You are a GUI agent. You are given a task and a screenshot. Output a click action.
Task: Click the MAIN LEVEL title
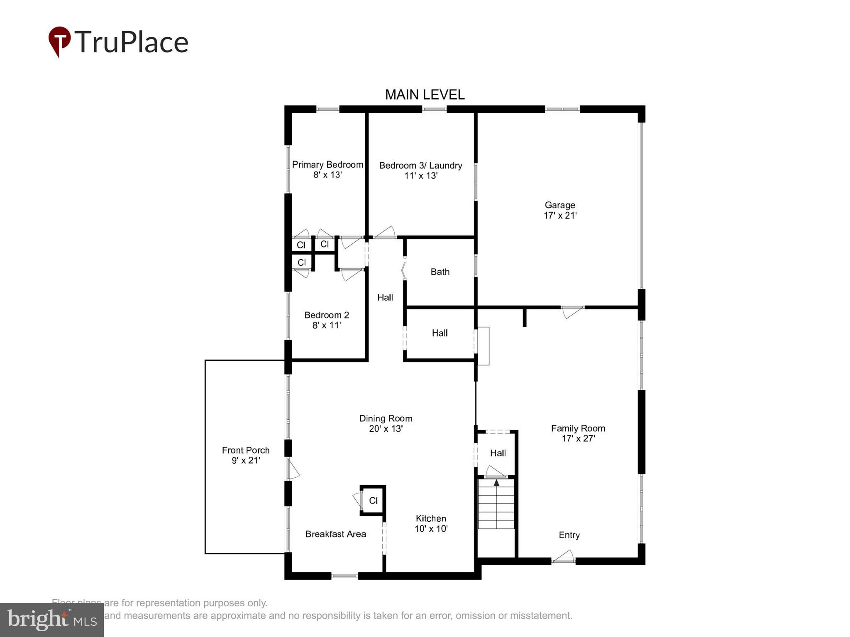point(425,95)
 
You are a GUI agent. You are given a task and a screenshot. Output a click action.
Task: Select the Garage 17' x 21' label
point(560,210)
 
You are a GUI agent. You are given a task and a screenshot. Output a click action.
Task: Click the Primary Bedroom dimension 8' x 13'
point(327,175)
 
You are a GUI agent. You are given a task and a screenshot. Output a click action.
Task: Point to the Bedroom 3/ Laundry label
point(420,165)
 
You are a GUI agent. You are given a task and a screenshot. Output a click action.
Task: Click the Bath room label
point(440,272)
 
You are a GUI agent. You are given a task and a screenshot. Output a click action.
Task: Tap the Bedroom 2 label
point(327,315)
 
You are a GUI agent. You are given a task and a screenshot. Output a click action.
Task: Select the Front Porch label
point(246,450)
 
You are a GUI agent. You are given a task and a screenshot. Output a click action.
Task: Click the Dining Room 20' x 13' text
point(386,423)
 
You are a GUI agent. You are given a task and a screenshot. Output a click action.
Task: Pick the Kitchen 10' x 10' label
point(431,523)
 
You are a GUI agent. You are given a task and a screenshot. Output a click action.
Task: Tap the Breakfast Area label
point(335,534)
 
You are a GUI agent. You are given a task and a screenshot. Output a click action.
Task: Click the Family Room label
point(578,428)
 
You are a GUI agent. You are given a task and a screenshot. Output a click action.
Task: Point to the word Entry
point(569,535)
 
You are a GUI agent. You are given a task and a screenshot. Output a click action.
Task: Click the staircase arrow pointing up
point(496,483)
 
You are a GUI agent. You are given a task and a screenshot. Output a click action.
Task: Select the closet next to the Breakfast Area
point(373,501)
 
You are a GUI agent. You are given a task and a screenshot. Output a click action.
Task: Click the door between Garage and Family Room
point(572,311)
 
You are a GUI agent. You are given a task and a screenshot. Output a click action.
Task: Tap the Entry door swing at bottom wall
point(564,557)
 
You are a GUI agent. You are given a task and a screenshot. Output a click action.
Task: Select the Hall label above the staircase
point(498,453)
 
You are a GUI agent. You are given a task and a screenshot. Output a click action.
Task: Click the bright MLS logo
point(52,620)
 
